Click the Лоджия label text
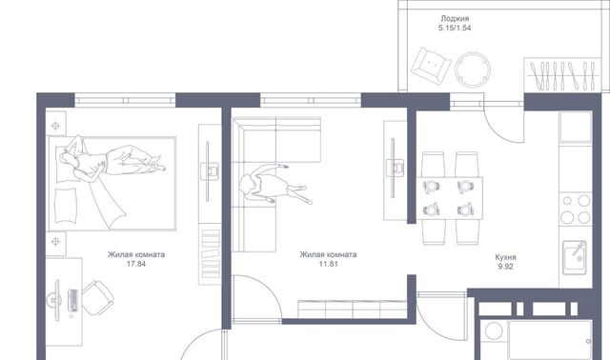tap(455, 18)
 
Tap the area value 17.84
tap(136, 264)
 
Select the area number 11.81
tap(328, 264)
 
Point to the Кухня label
tap(505, 257)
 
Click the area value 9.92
tap(505, 267)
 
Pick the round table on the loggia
tap(473, 70)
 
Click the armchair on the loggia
tap(431, 67)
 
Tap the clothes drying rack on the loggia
tap(562, 74)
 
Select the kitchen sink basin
tap(574, 257)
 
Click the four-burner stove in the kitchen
tap(576, 210)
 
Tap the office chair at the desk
tap(96, 297)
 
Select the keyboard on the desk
tap(72, 301)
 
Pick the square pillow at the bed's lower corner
tap(66, 206)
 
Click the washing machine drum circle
tap(494, 331)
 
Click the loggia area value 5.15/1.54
tap(455, 28)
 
